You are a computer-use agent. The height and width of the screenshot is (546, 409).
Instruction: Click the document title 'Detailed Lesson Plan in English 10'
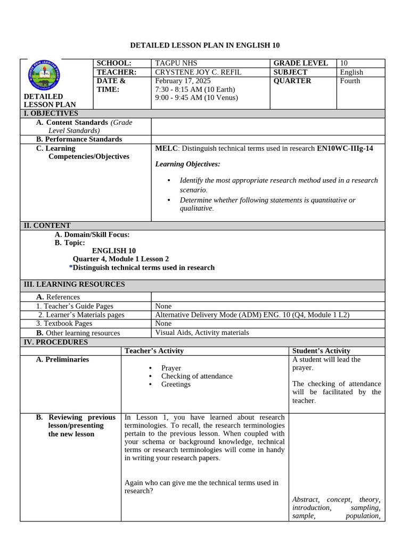tap(205, 45)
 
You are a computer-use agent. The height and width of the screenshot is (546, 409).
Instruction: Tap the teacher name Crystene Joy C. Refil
tap(198, 72)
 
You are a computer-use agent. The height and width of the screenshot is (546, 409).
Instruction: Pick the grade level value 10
tap(343, 63)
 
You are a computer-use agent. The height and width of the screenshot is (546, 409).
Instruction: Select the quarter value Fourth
tap(350, 81)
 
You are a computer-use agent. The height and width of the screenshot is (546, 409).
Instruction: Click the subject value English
tap(351, 72)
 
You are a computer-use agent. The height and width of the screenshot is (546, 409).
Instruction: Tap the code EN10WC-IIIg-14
tap(345, 148)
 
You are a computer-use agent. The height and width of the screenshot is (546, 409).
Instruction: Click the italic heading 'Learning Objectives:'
tap(187, 164)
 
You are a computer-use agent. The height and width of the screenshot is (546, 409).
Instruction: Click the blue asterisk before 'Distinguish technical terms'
tap(71, 268)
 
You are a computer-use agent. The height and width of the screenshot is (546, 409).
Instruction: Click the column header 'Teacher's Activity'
tap(154, 351)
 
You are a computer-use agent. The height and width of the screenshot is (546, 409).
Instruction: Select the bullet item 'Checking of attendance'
tap(197, 376)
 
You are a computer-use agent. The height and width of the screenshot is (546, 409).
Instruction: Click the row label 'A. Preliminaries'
tap(62, 360)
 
